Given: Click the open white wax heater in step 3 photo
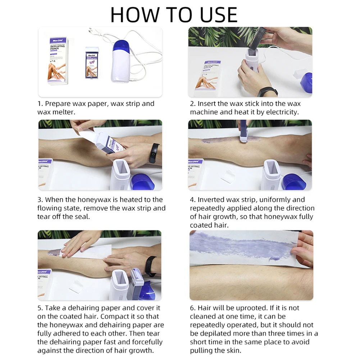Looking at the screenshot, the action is click(121, 174).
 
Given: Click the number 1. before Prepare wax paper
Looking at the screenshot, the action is click(40, 104).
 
